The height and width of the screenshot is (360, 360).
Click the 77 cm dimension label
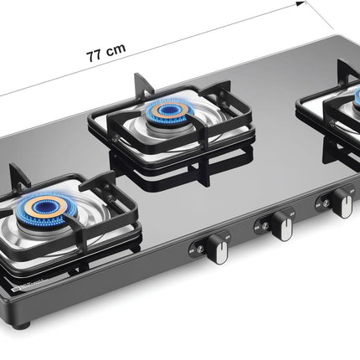[106, 48]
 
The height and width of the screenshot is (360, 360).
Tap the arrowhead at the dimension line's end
[296, 5]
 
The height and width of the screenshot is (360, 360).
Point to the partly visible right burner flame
[354, 100]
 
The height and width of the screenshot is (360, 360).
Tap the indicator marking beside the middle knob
[260, 226]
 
